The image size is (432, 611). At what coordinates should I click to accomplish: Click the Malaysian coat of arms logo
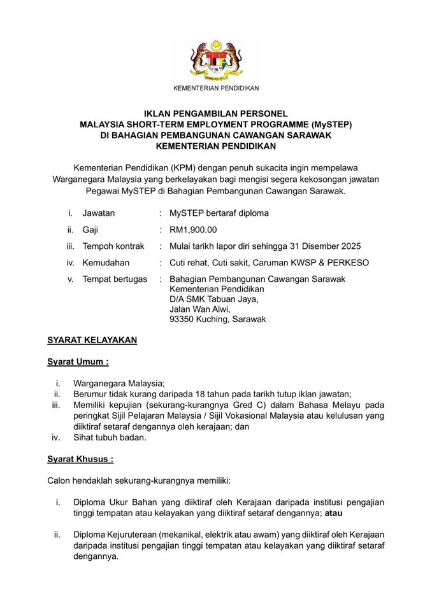tap(216, 62)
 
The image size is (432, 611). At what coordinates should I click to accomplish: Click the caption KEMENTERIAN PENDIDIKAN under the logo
tap(216, 88)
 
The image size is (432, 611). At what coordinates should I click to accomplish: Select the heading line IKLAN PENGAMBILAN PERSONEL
tap(216, 114)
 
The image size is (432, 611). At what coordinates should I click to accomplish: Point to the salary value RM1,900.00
tap(193, 230)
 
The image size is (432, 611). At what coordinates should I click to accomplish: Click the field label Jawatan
tap(99, 213)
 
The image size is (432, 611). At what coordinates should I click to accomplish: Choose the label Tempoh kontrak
tap(113, 246)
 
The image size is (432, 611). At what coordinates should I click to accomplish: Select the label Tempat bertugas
tap(115, 279)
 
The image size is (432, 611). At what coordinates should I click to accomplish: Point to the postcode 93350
tap(182, 320)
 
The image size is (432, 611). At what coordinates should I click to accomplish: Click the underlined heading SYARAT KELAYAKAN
tap(92, 341)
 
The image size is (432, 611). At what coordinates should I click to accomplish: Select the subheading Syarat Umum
tap(78, 362)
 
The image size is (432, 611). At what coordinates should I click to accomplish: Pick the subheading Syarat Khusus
tap(80, 459)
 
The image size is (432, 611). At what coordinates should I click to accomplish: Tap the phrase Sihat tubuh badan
tap(110, 437)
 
